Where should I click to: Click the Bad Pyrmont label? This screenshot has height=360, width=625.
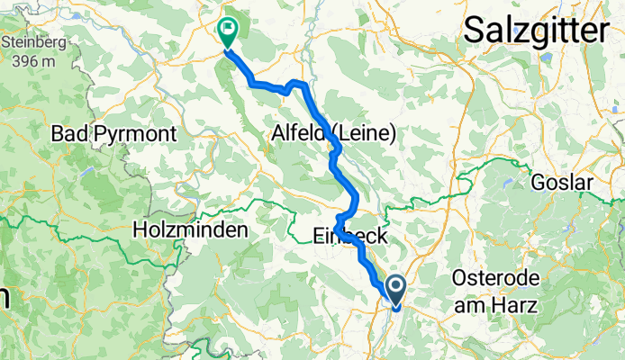click(113, 134)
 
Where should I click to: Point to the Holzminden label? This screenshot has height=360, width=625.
click(189, 230)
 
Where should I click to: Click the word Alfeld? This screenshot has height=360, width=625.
click(301, 134)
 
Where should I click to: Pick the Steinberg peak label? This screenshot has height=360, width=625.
click(32, 43)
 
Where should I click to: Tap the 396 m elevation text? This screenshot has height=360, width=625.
click(33, 61)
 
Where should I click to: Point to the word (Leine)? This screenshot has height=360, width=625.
click(364, 134)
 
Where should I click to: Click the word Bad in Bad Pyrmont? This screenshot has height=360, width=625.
click(68, 134)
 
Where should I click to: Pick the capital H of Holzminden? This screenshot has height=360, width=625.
click(140, 230)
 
